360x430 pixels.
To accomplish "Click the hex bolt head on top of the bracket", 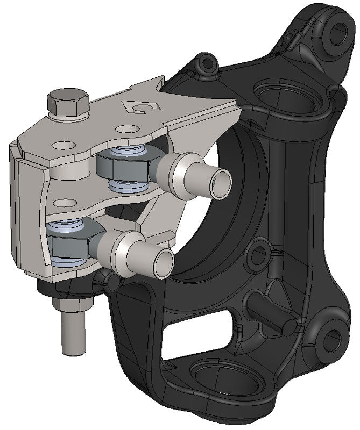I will coord(68,101).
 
